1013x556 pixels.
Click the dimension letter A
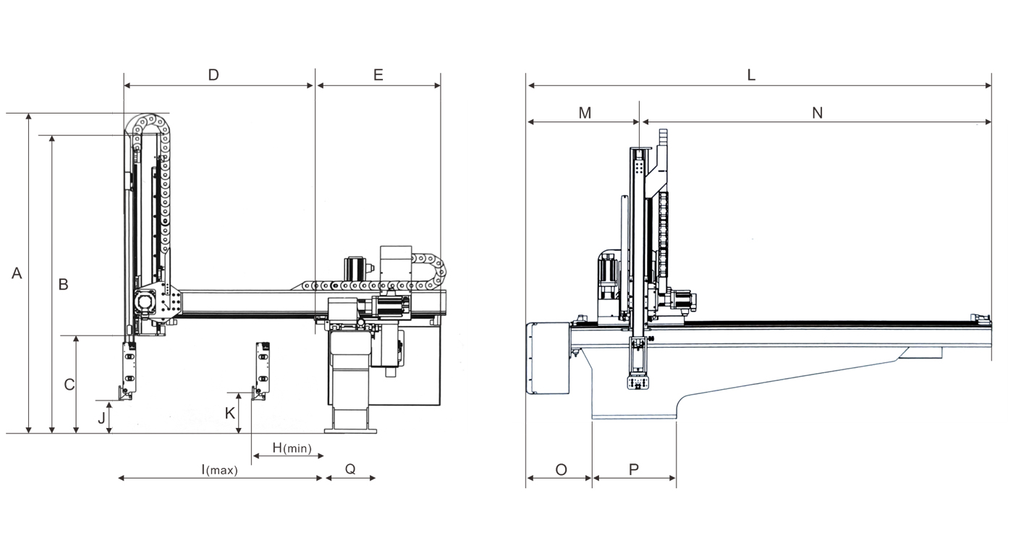pos(17,273)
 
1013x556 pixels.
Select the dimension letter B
pos(63,285)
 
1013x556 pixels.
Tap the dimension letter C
pos(69,385)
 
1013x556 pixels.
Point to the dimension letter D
pos(213,74)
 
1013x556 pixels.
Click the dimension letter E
pos(378,74)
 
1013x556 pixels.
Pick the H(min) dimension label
pos(292,448)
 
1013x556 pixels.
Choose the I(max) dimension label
pos(219,469)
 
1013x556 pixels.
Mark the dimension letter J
pos(102,417)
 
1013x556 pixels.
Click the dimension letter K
pos(230,413)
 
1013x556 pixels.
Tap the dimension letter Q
pos(350,469)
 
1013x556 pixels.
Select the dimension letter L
pos(751,74)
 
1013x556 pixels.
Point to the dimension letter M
pos(585,113)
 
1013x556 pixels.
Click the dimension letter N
pos(818,113)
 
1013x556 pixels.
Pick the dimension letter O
pos(561,469)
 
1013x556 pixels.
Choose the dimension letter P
pos(634,469)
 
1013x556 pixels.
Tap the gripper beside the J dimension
pos(127,369)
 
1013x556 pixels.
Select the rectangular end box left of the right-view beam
pos(548,359)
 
